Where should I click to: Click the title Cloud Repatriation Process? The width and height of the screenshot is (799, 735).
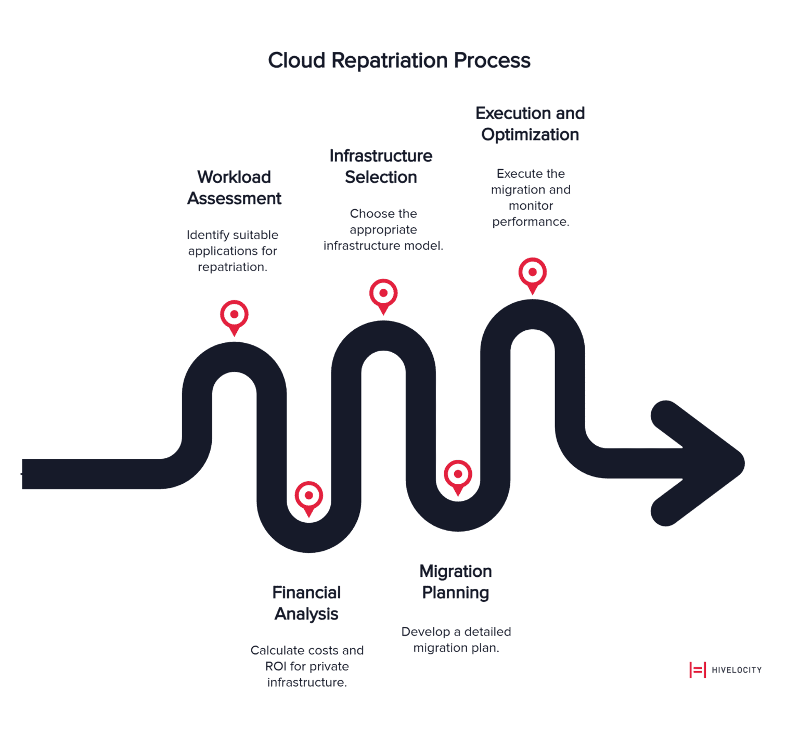399,60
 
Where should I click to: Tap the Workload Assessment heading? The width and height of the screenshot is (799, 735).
234,188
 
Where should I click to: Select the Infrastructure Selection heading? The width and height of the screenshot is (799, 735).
381,166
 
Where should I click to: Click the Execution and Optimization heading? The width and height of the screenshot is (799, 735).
530,124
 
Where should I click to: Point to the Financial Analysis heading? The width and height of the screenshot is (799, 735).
306,603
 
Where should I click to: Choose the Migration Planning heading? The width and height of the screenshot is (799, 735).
456,582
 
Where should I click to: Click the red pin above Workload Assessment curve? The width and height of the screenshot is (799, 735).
234,316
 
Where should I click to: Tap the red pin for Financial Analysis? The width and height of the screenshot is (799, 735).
309,497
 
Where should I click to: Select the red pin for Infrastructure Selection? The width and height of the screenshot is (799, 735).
383,294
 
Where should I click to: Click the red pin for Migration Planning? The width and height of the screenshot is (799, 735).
458,475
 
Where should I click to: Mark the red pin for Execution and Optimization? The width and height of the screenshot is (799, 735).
532,273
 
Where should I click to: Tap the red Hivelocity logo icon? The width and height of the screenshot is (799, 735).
697,670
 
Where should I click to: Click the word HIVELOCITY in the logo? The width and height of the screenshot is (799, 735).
737,670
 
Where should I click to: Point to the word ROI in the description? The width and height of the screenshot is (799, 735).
276,666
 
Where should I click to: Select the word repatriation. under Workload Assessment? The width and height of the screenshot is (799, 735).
233,267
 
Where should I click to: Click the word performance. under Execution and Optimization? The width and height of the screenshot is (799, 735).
531,222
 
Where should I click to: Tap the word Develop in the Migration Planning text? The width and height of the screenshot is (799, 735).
426,631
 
